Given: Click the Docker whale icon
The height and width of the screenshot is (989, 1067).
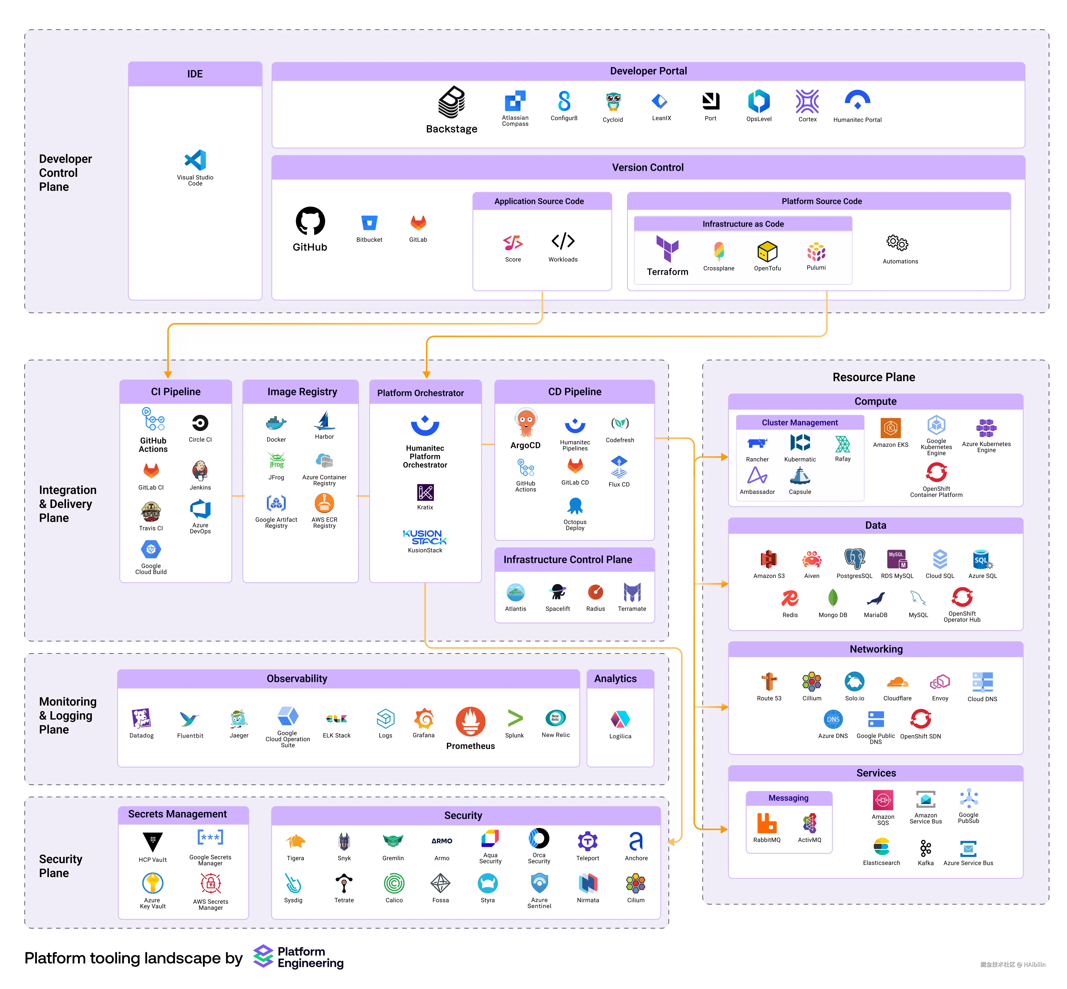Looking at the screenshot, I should click(x=276, y=423).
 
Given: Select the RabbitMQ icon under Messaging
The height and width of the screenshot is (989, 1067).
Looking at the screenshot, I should click(x=766, y=823).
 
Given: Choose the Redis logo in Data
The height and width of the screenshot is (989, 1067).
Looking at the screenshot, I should click(x=790, y=598).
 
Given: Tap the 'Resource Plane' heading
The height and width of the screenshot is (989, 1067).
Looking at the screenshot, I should click(x=873, y=377).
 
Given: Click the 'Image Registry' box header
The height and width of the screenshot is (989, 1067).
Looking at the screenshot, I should click(x=302, y=392).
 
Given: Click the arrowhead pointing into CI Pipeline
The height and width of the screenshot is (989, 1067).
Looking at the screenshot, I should click(x=168, y=375).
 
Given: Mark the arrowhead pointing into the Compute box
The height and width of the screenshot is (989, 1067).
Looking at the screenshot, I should click(x=724, y=457).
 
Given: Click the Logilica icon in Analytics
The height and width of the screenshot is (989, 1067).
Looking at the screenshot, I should click(x=620, y=719).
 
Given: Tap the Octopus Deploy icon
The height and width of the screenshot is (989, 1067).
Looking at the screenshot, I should click(x=575, y=506).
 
